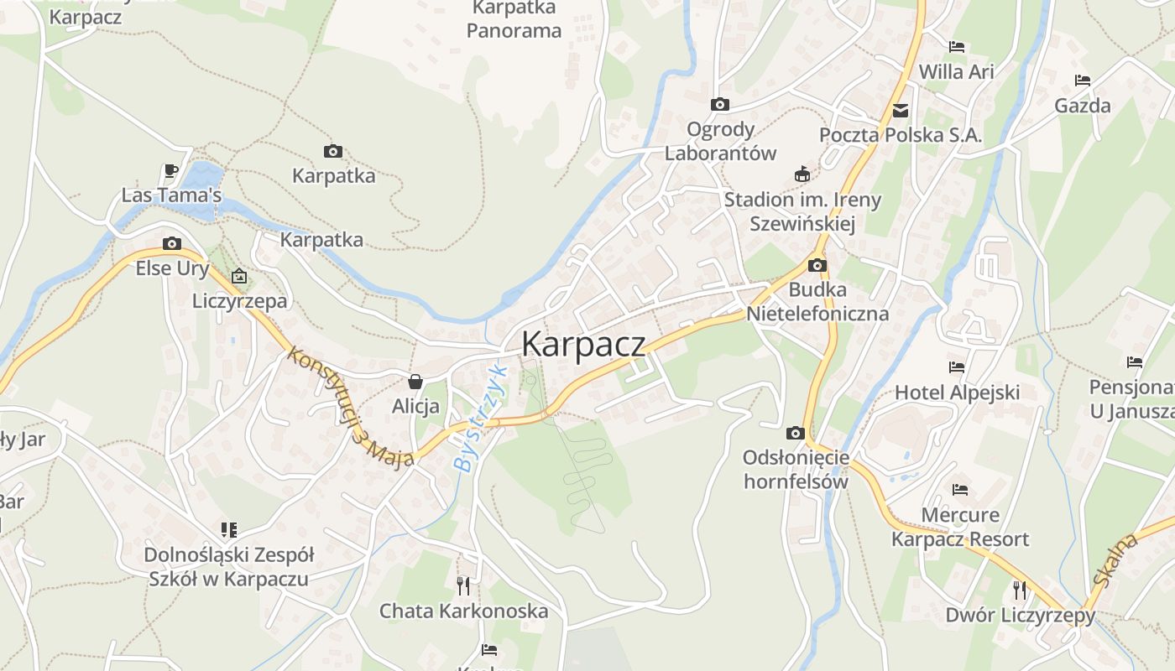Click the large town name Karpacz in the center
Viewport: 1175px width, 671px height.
click(x=583, y=344)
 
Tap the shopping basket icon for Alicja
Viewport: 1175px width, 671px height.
click(x=415, y=382)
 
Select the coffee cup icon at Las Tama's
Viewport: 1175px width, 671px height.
click(x=171, y=171)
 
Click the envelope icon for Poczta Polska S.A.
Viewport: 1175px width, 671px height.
click(x=901, y=110)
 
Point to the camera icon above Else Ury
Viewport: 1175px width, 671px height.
click(x=172, y=244)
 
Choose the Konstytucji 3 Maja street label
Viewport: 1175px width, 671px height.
click(x=351, y=406)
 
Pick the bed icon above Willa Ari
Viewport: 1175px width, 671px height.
click(x=956, y=47)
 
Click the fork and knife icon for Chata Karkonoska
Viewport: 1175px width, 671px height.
click(x=463, y=585)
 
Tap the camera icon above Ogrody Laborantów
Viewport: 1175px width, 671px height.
click(x=719, y=105)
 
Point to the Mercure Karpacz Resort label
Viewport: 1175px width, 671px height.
click(x=960, y=526)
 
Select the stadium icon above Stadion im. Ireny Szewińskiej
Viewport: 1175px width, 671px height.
click(x=802, y=174)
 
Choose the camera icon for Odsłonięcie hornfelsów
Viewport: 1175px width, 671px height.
click(x=795, y=434)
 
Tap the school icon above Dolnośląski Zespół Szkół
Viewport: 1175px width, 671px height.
click(x=228, y=529)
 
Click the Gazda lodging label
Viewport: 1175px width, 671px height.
click(x=1083, y=106)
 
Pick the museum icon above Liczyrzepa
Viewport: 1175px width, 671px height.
click(x=239, y=275)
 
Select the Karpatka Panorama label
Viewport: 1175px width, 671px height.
click(x=514, y=19)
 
